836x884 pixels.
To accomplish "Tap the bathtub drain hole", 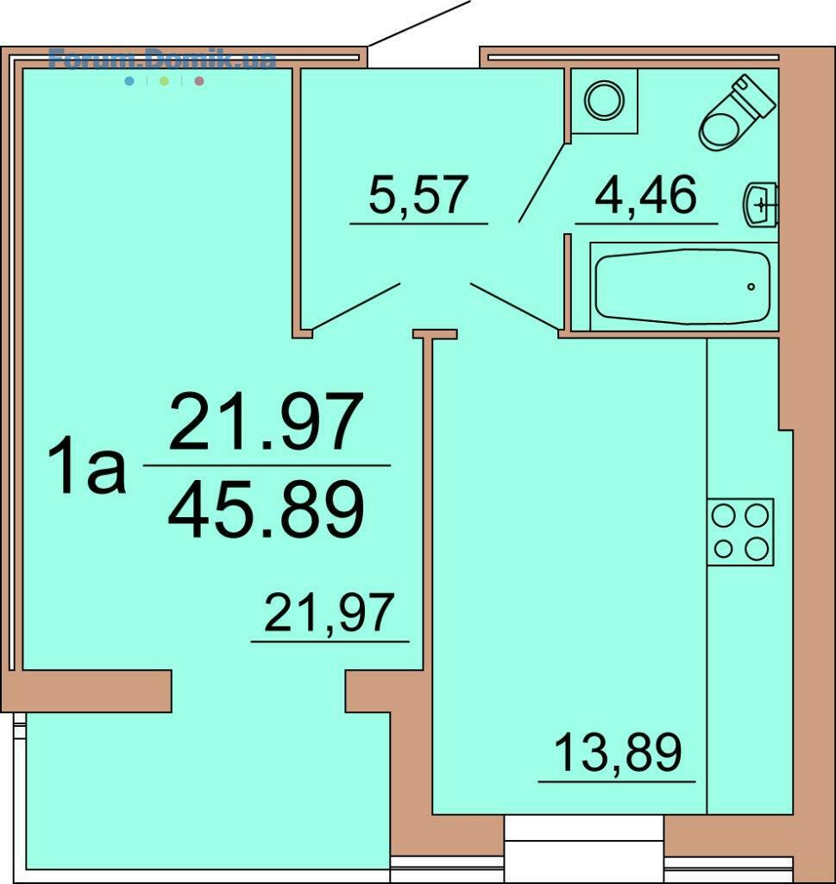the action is (x=751, y=287).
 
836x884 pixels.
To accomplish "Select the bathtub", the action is (x=682, y=287).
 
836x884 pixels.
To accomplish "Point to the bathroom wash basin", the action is (x=761, y=205).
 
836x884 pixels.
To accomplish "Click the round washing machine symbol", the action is (x=605, y=100).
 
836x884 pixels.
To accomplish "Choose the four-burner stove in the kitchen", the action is (x=740, y=532).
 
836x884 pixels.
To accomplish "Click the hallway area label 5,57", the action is (x=418, y=195).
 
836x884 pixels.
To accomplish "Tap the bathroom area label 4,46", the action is (x=645, y=195).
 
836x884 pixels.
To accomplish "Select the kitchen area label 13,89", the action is (x=618, y=752).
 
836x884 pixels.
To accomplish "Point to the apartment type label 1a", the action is (x=86, y=467).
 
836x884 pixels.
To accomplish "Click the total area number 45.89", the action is (x=266, y=510).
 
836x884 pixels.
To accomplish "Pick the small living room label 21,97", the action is (x=329, y=613).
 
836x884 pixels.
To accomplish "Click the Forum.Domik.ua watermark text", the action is (x=162, y=60).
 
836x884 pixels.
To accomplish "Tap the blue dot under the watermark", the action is (x=129, y=81).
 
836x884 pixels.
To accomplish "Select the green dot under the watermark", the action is (x=164, y=81).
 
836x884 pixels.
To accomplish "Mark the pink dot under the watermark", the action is (x=198, y=81).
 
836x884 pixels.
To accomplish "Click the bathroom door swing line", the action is (x=541, y=183).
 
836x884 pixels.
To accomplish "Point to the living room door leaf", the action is (x=356, y=306).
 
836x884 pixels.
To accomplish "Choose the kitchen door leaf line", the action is (x=516, y=306).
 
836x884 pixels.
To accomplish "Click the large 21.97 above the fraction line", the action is (x=265, y=421).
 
